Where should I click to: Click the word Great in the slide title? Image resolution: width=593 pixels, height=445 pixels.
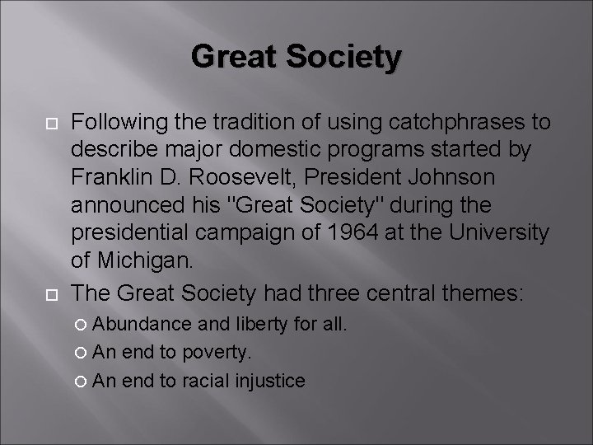coord(231,58)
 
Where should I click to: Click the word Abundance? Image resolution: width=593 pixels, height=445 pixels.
coord(142,325)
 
